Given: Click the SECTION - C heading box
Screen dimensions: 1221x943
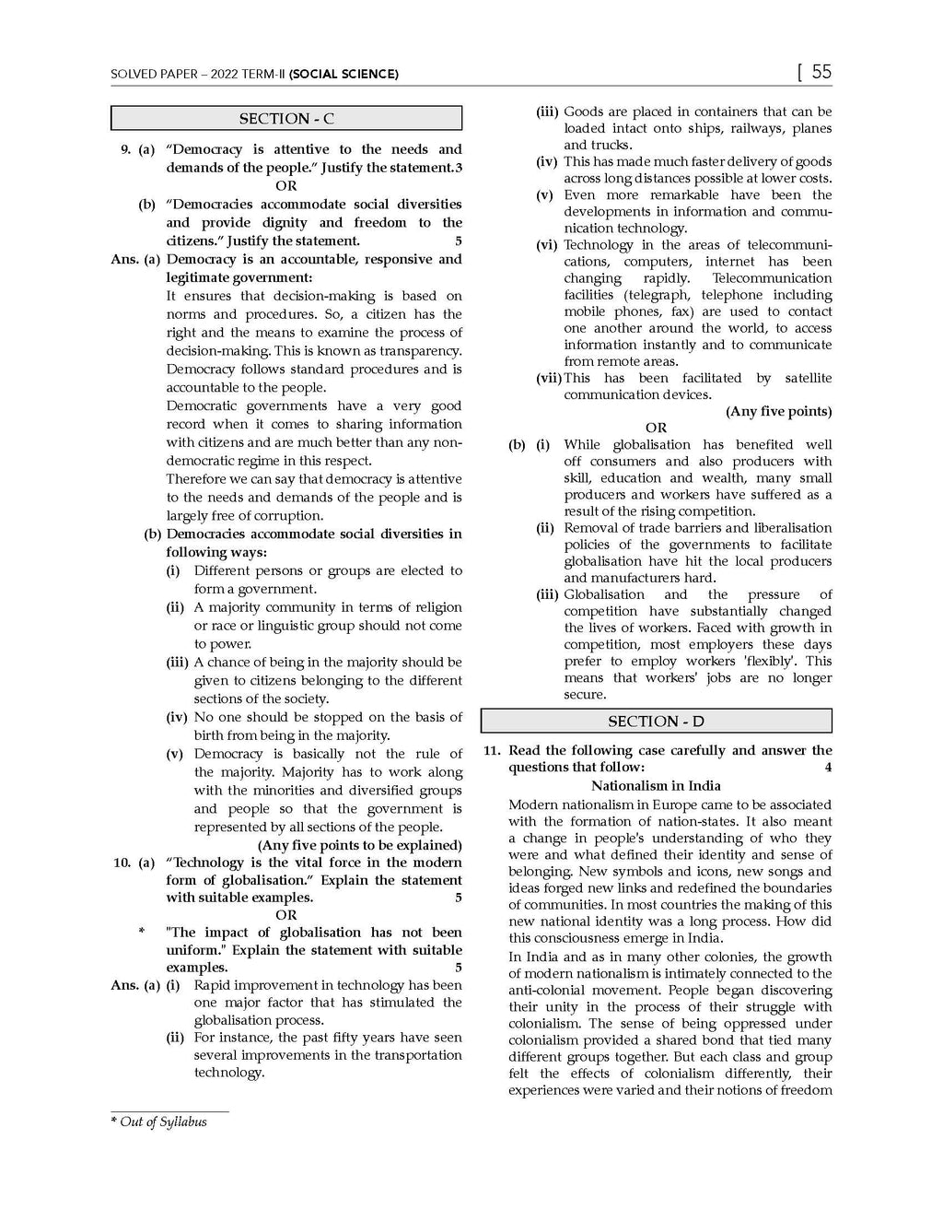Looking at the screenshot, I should click(x=286, y=119).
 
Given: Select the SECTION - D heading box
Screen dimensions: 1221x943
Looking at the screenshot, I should click(x=656, y=722).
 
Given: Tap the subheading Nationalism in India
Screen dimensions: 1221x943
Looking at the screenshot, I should click(x=656, y=786).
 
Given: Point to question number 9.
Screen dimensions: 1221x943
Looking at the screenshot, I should click(x=126, y=149).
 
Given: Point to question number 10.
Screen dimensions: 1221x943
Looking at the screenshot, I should click(x=122, y=863).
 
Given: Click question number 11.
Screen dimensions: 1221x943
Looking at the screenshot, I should click(x=492, y=751).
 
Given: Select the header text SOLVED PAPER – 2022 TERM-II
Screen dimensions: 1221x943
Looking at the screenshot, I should click(x=197, y=74).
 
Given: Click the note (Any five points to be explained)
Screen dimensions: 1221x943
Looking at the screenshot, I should click(x=359, y=845).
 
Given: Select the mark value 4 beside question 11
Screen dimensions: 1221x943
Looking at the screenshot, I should click(x=828, y=768).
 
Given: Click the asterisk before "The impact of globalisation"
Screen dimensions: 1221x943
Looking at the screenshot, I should click(x=142, y=933).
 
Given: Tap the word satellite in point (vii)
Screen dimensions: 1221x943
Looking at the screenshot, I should click(x=808, y=378).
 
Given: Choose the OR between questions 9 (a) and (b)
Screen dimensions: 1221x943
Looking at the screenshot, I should click(x=286, y=186).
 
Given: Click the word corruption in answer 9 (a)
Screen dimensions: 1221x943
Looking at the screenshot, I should click(x=287, y=516).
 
